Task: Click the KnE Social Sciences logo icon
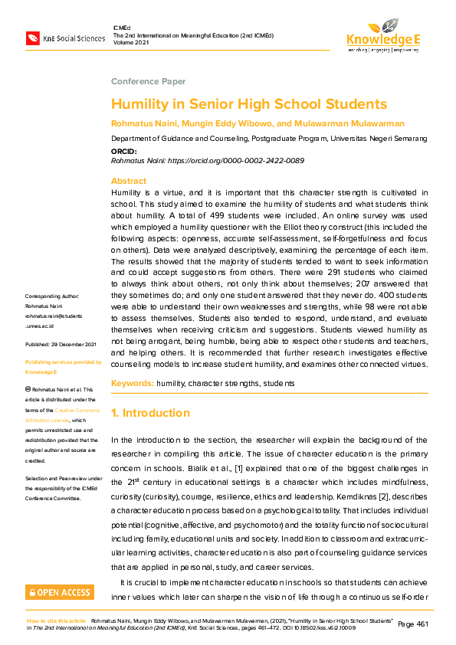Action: pyautogui.click(x=33, y=38)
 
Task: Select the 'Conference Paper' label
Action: pyautogui.click(x=148, y=81)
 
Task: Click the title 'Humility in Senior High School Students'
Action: pyautogui.click(x=249, y=104)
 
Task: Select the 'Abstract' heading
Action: pyautogui.click(x=129, y=181)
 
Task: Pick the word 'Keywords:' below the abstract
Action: pyautogui.click(x=132, y=382)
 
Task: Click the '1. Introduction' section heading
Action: pyautogui.click(x=150, y=413)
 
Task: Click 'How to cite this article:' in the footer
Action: pyautogui.click(x=56, y=620)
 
